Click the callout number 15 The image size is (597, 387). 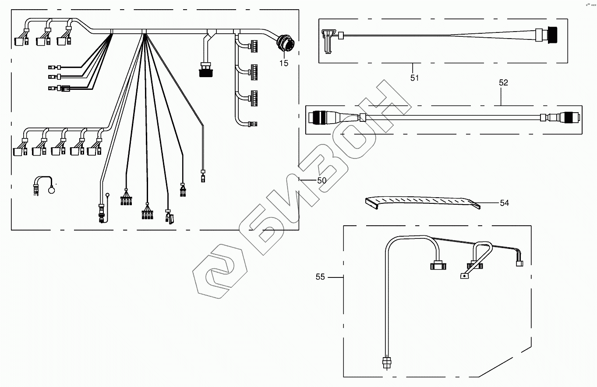click(284, 64)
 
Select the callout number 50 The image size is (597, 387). click(322, 180)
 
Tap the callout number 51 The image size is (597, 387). click(414, 78)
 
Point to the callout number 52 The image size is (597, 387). click(503, 82)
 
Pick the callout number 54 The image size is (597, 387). click(505, 203)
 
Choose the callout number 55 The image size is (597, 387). click(320, 277)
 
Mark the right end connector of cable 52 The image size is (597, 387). click(570, 117)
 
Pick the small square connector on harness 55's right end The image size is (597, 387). click(519, 264)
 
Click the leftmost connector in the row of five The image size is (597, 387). click(18, 151)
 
